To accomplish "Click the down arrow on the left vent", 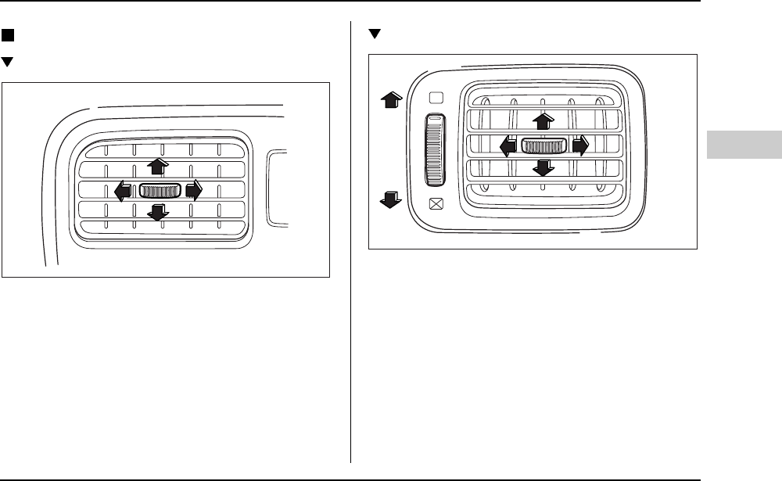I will tap(159, 211).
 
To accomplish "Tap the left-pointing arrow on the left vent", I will tap(123, 190).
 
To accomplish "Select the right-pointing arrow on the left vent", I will tap(194, 189).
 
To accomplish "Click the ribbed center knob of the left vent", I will tap(160, 190).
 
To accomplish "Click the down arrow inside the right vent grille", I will tap(544, 167).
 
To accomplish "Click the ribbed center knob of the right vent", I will tap(544, 145).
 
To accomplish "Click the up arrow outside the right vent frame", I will tap(390, 98).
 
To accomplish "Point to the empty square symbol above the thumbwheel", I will tap(436, 98).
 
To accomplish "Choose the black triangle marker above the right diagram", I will tap(374, 34).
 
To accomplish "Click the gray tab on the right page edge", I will tap(744, 145).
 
